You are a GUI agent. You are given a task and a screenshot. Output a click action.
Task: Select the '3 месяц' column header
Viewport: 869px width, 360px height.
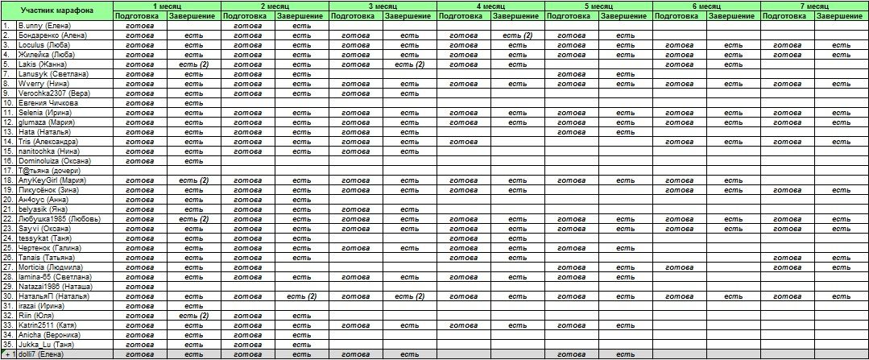[x=383, y=6]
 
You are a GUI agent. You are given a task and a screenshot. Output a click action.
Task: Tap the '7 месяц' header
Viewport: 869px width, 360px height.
[x=814, y=6]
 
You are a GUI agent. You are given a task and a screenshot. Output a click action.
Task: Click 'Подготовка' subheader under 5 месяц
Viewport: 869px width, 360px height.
[x=572, y=15]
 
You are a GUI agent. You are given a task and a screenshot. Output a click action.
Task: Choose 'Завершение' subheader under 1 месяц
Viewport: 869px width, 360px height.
[x=193, y=15]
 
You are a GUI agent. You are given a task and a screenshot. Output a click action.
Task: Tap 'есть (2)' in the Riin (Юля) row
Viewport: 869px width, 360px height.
[x=193, y=315]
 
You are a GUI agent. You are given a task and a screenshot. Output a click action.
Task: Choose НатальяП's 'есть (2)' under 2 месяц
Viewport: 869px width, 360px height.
[x=301, y=296]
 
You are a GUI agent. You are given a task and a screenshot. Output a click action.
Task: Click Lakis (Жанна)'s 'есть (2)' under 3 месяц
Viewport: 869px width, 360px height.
[x=409, y=64]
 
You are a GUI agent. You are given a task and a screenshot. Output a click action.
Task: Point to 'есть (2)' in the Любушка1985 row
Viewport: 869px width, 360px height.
[x=193, y=218]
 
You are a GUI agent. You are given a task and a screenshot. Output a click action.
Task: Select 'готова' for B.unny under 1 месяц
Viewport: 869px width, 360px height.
[x=139, y=26]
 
